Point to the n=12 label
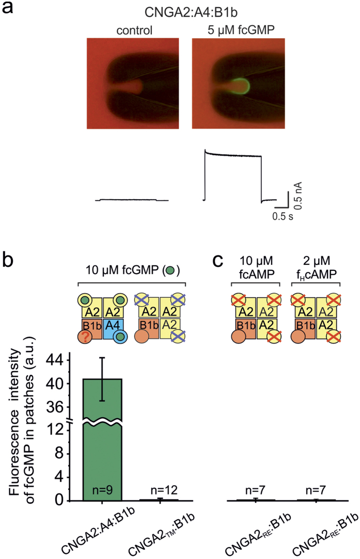coord(160,488)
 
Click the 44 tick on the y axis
coord(67,360)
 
